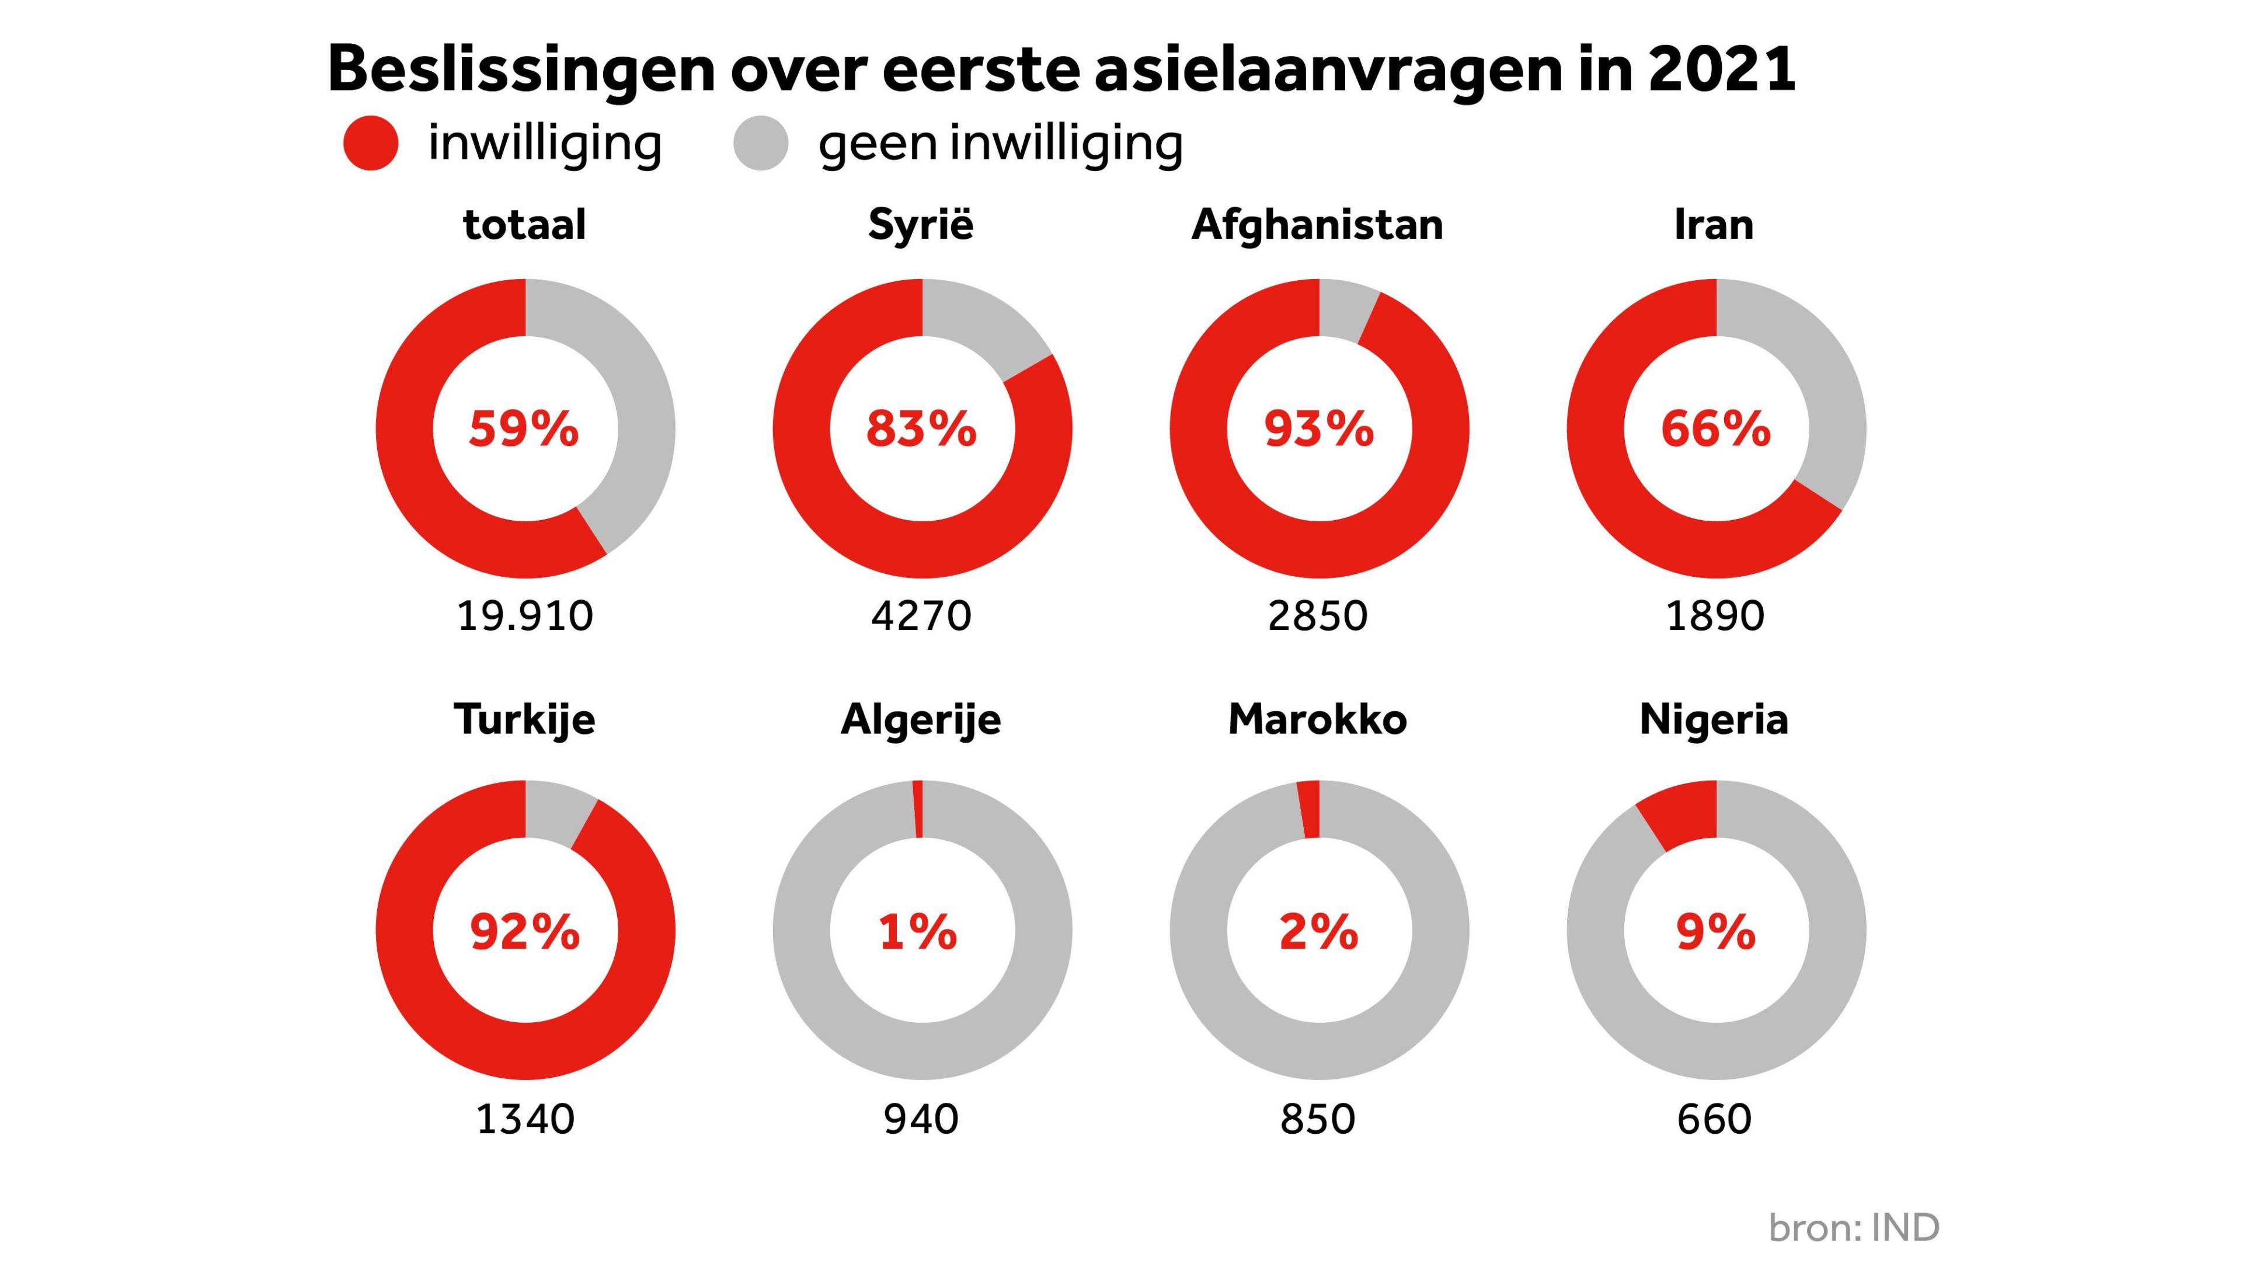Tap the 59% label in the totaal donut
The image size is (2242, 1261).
(x=524, y=429)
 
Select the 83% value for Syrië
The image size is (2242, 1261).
(x=922, y=429)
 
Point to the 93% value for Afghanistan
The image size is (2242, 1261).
(x=1318, y=429)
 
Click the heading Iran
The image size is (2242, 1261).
(x=1714, y=225)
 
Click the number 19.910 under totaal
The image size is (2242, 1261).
(x=525, y=616)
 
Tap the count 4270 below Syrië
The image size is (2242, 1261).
(x=922, y=616)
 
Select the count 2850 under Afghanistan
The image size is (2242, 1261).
(x=1318, y=616)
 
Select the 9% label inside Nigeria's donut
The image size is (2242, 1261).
(x=1715, y=932)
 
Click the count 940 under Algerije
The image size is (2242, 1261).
(x=922, y=1119)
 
